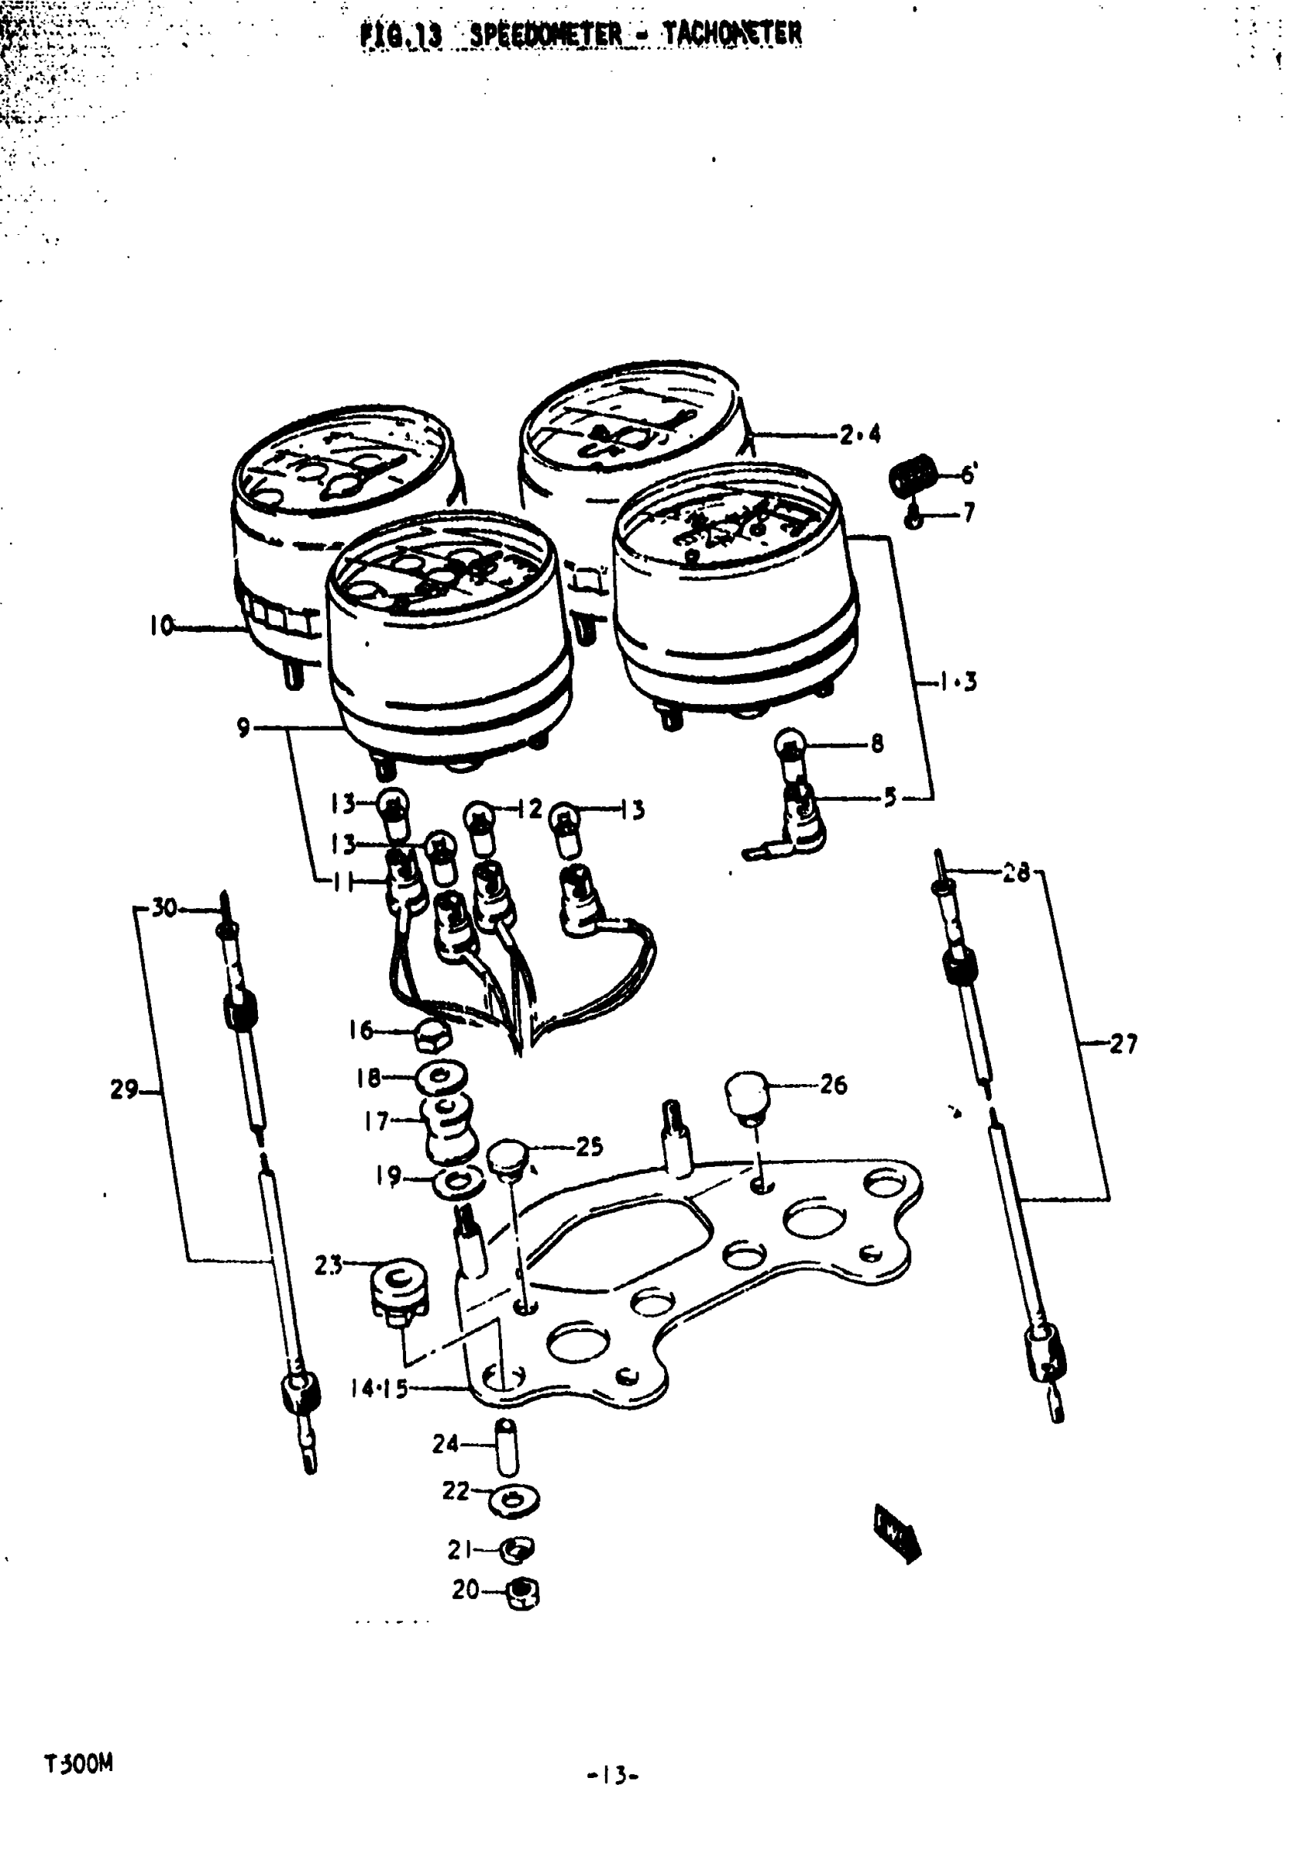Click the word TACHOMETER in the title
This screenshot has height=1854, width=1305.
point(732,34)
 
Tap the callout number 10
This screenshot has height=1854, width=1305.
point(161,625)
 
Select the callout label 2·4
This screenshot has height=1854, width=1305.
point(860,435)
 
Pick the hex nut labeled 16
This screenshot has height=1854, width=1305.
point(432,1034)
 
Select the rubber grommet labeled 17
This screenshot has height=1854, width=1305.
point(448,1124)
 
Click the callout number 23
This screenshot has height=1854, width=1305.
point(328,1265)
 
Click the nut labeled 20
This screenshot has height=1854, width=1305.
point(523,1591)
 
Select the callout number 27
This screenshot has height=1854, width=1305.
point(1122,1045)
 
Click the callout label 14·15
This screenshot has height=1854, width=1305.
point(378,1388)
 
